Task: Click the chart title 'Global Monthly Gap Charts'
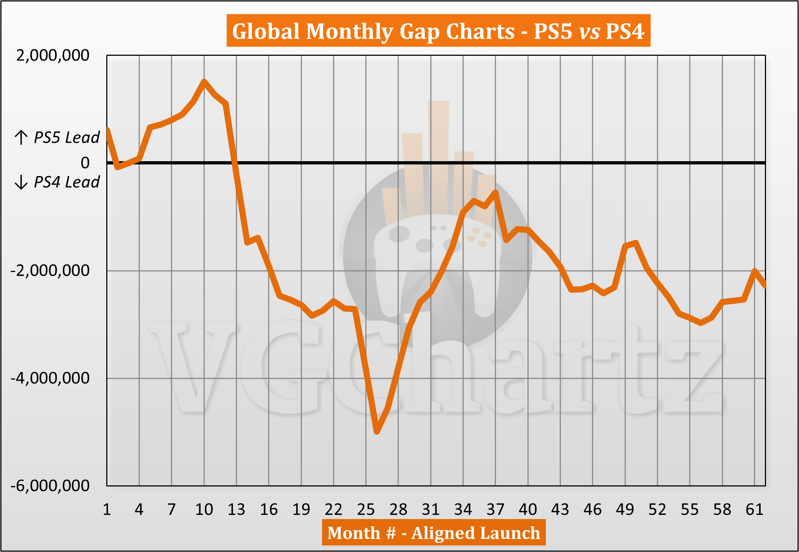[373, 31]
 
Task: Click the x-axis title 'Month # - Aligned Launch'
[433, 533]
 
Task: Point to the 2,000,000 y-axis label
[53, 55]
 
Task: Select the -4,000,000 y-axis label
[50, 378]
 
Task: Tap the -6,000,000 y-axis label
[50, 486]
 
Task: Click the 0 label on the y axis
[85, 163]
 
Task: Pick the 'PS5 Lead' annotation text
[66, 138]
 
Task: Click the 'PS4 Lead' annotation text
[66, 182]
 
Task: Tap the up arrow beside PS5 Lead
[21, 138]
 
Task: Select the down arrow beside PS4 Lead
[21, 182]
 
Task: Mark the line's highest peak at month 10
[204, 81]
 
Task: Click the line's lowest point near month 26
[377, 431]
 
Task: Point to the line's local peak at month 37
[495, 192]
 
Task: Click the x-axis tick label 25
[366, 510]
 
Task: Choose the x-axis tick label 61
[754, 510]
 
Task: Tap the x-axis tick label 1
[107, 510]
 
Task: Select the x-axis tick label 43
[560, 510]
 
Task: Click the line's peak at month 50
[636, 243]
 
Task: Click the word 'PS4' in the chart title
[625, 31]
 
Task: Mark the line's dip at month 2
[117, 167]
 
